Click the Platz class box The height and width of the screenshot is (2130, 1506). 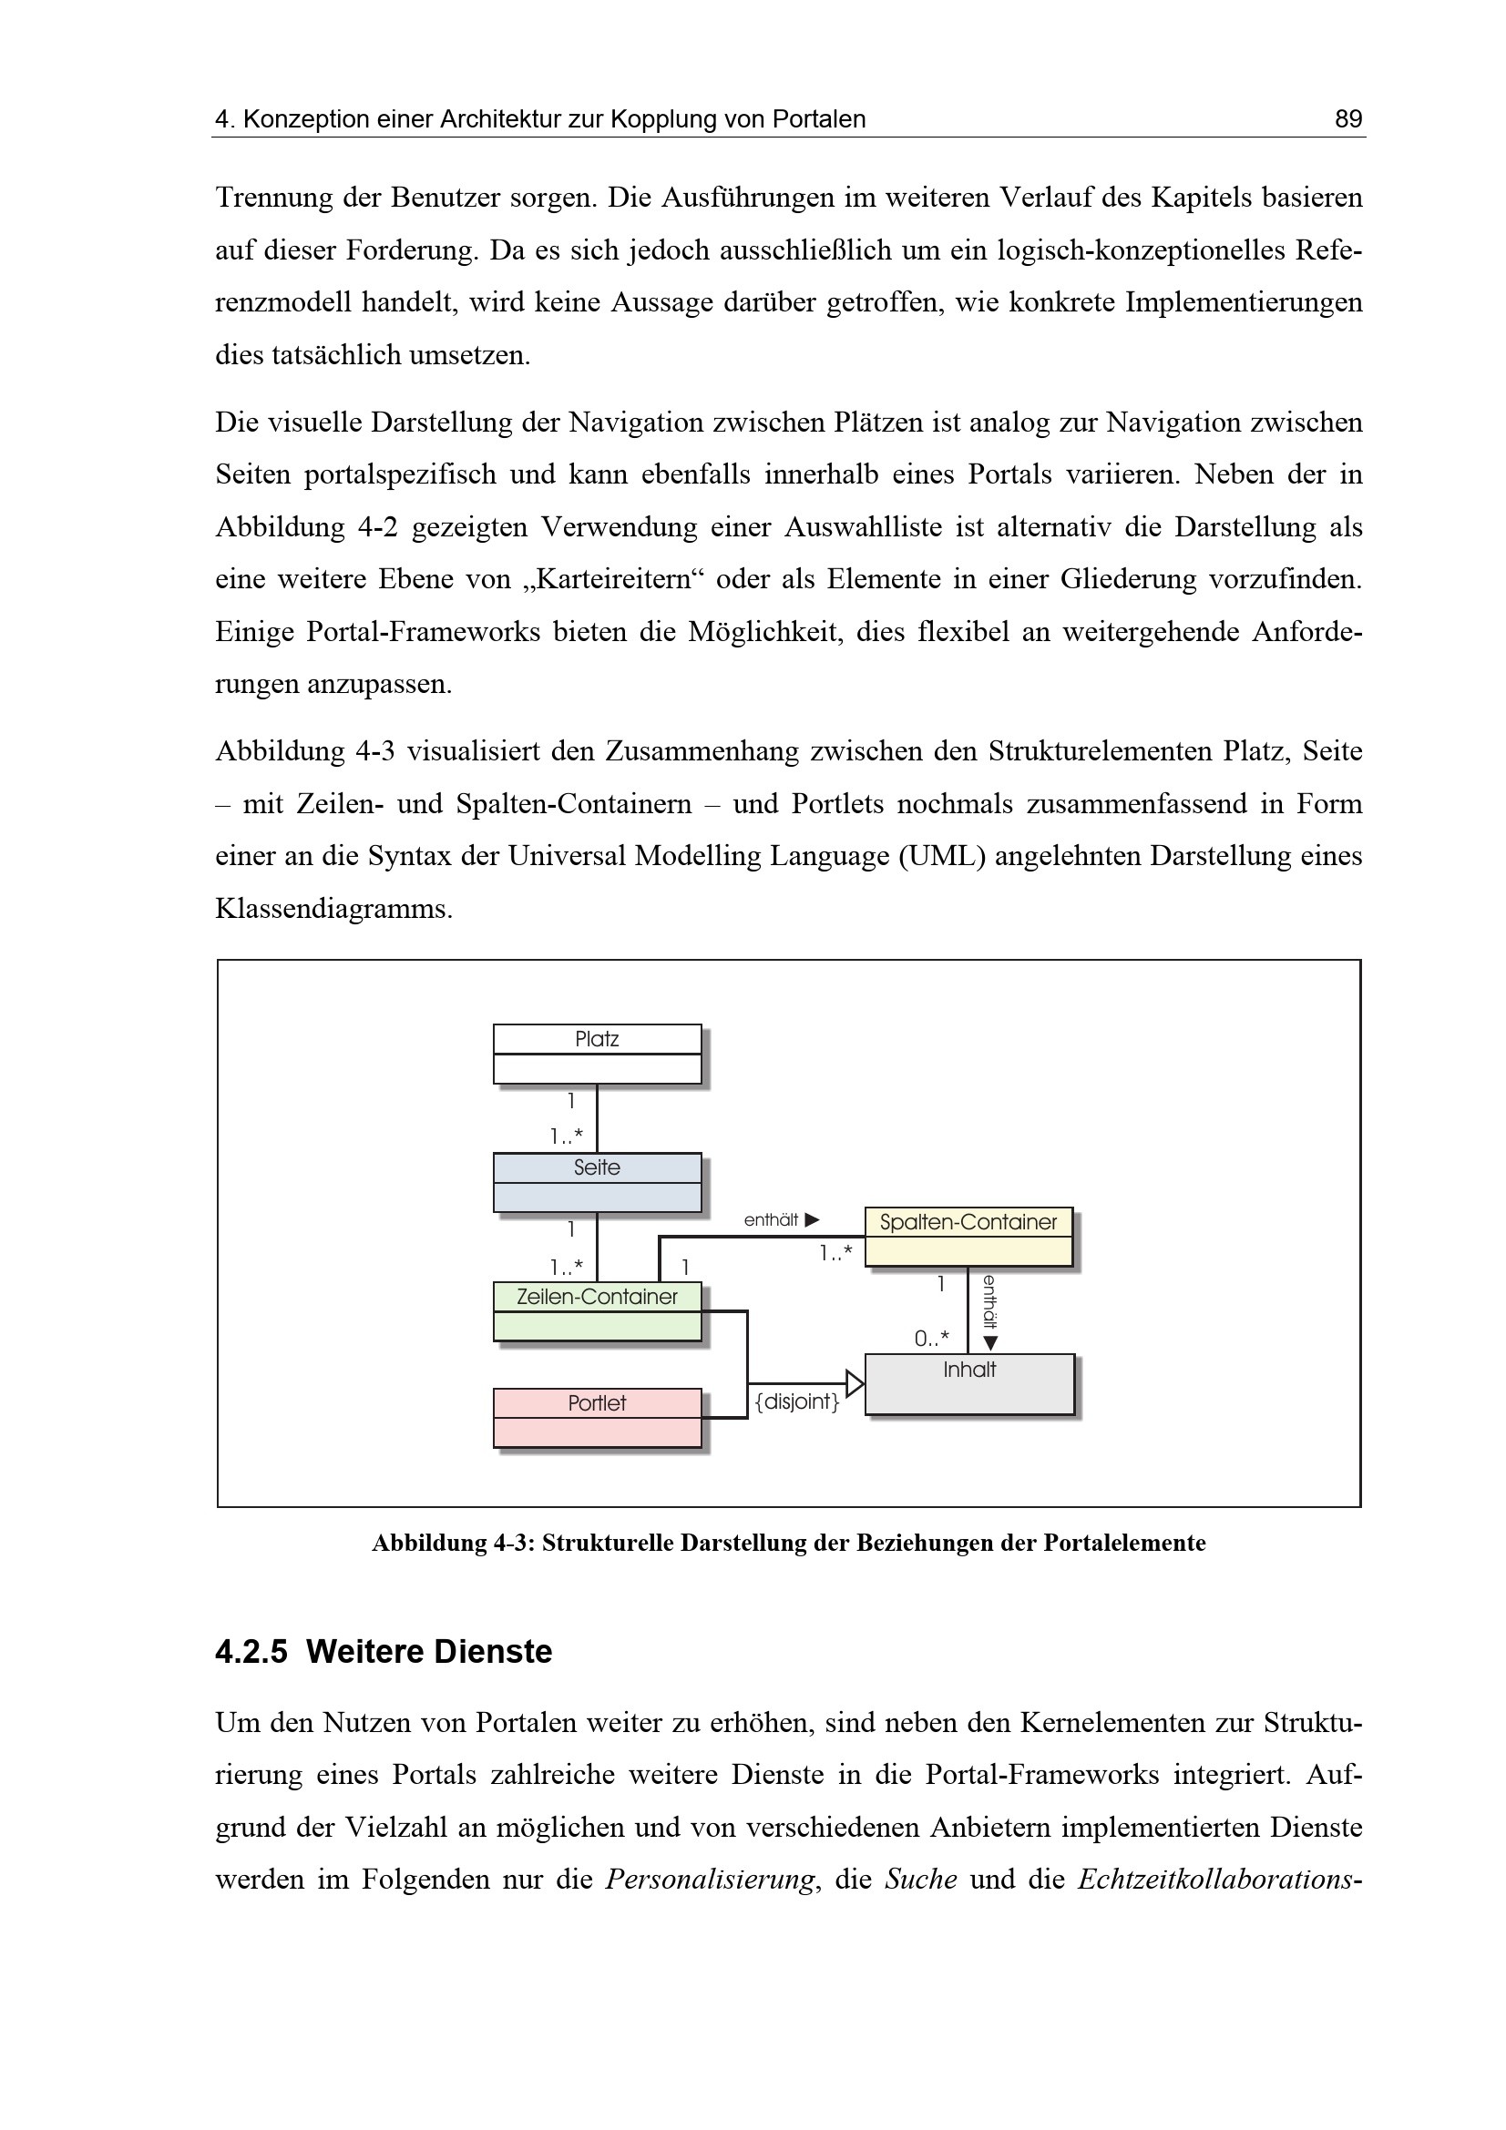pos(597,1053)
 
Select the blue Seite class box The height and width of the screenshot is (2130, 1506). pos(597,1182)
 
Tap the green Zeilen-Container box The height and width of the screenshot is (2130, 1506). pos(597,1310)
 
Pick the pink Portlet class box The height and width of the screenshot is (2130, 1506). pos(597,1417)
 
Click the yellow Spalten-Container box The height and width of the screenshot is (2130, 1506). pos(968,1236)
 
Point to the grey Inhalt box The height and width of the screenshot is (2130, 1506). pos(968,1383)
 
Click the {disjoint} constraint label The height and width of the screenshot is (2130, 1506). pos(797,1401)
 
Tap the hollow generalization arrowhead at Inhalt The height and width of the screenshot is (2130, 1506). pos(855,1383)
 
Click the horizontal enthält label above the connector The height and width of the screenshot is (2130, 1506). pos(771,1220)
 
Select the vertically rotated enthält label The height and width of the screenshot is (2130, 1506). pos(989,1301)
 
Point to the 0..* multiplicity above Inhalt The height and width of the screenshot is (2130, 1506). pos(931,1339)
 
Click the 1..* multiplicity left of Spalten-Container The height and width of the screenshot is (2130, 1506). pos(835,1254)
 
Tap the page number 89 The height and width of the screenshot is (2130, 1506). pos(1347,118)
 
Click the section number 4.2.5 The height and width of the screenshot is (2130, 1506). pos(251,1652)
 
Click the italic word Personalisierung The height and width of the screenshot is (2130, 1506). pos(710,1880)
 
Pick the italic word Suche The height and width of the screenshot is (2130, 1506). pos(920,1880)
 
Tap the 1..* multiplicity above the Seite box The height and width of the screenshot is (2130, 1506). pos(566,1136)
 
